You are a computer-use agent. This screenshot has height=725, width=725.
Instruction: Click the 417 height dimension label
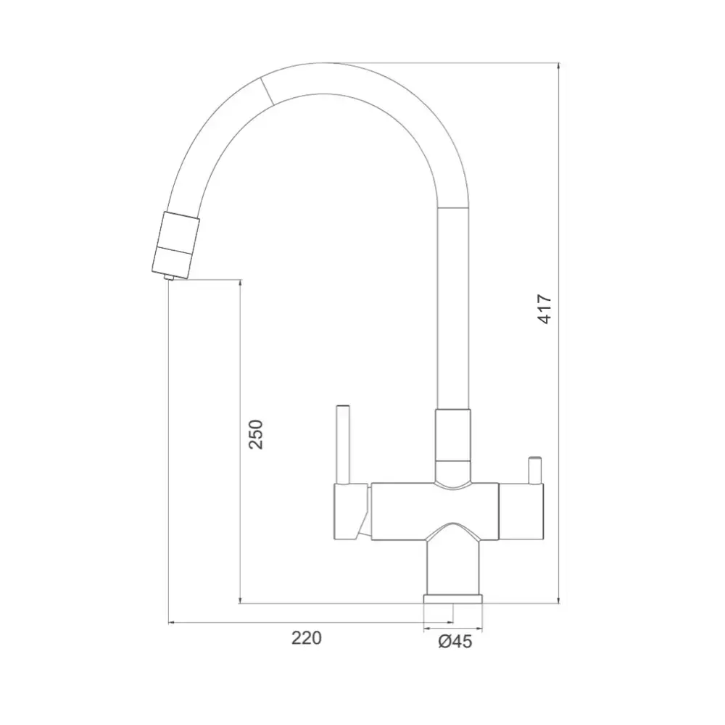(x=544, y=309)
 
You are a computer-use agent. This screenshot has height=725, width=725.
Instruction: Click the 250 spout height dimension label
(x=256, y=434)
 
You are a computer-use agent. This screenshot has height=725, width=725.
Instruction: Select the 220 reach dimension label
(x=306, y=638)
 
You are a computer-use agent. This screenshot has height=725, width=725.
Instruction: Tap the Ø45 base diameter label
(x=455, y=642)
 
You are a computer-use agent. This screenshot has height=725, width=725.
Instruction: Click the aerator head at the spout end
(x=176, y=245)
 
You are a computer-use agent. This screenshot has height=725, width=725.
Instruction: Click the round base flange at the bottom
(x=453, y=599)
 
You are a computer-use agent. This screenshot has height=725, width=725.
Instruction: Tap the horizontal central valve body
(x=435, y=511)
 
